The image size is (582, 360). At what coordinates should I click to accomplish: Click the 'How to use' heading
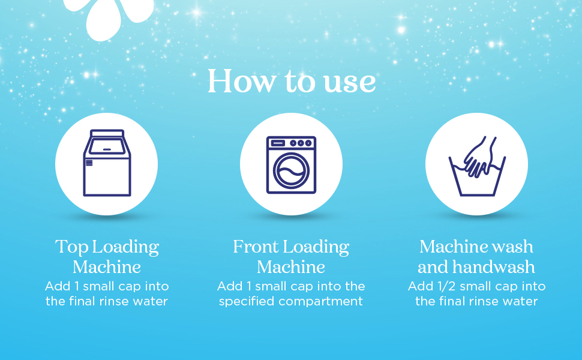pos(292,82)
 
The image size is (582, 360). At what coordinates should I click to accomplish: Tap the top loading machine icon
pos(107,163)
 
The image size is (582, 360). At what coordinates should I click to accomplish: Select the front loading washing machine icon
pos(291,164)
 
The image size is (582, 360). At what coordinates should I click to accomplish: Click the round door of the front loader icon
pos(290,170)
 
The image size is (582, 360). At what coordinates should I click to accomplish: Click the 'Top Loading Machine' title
pos(107,256)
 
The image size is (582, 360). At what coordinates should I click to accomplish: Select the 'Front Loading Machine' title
pos(291,256)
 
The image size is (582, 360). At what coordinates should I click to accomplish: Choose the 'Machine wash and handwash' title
pos(476,256)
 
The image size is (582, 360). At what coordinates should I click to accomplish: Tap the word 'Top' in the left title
pos(68,247)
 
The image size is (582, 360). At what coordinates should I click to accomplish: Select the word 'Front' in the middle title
pos(256,247)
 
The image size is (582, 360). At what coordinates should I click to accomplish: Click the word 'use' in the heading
pos(350,82)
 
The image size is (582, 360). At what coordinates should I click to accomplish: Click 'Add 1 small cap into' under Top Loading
pos(107,286)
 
